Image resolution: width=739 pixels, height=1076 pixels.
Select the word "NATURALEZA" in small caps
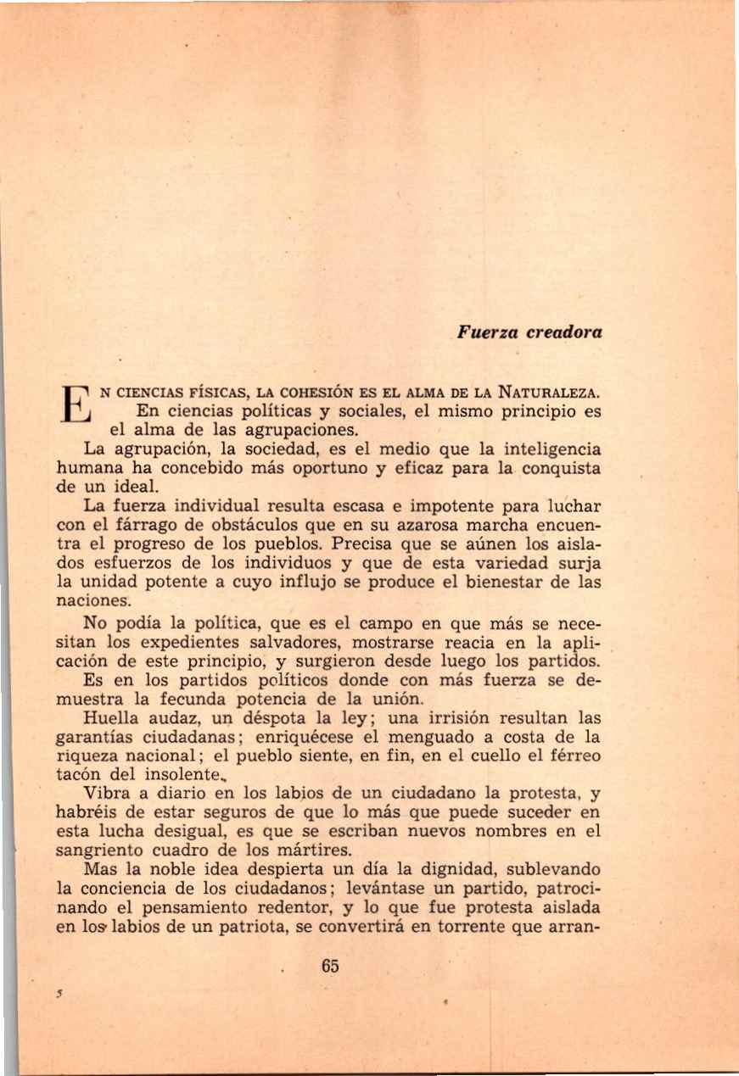[552, 393]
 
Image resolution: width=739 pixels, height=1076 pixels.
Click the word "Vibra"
[106, 794]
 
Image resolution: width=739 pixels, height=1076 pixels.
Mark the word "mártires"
[316, 851]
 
